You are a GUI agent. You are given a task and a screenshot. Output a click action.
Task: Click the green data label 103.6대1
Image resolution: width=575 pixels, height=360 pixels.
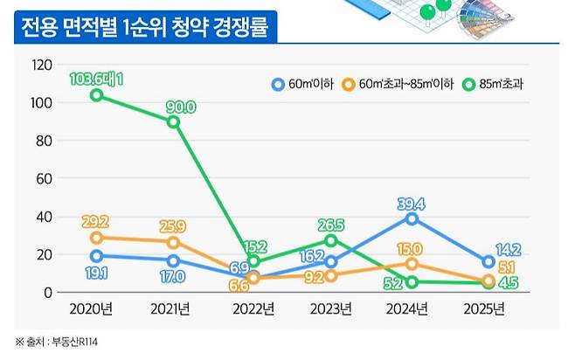tap(95, 79)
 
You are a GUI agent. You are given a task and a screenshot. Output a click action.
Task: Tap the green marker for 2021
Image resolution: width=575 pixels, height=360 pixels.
tap(173, 121)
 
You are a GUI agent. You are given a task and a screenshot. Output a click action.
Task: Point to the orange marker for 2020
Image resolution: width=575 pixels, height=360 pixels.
tap(96, 238)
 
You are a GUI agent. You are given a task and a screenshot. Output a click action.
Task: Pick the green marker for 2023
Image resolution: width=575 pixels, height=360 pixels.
tap(331, 240)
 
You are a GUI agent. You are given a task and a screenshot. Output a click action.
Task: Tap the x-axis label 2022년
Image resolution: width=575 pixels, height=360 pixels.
tap(253, 308)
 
